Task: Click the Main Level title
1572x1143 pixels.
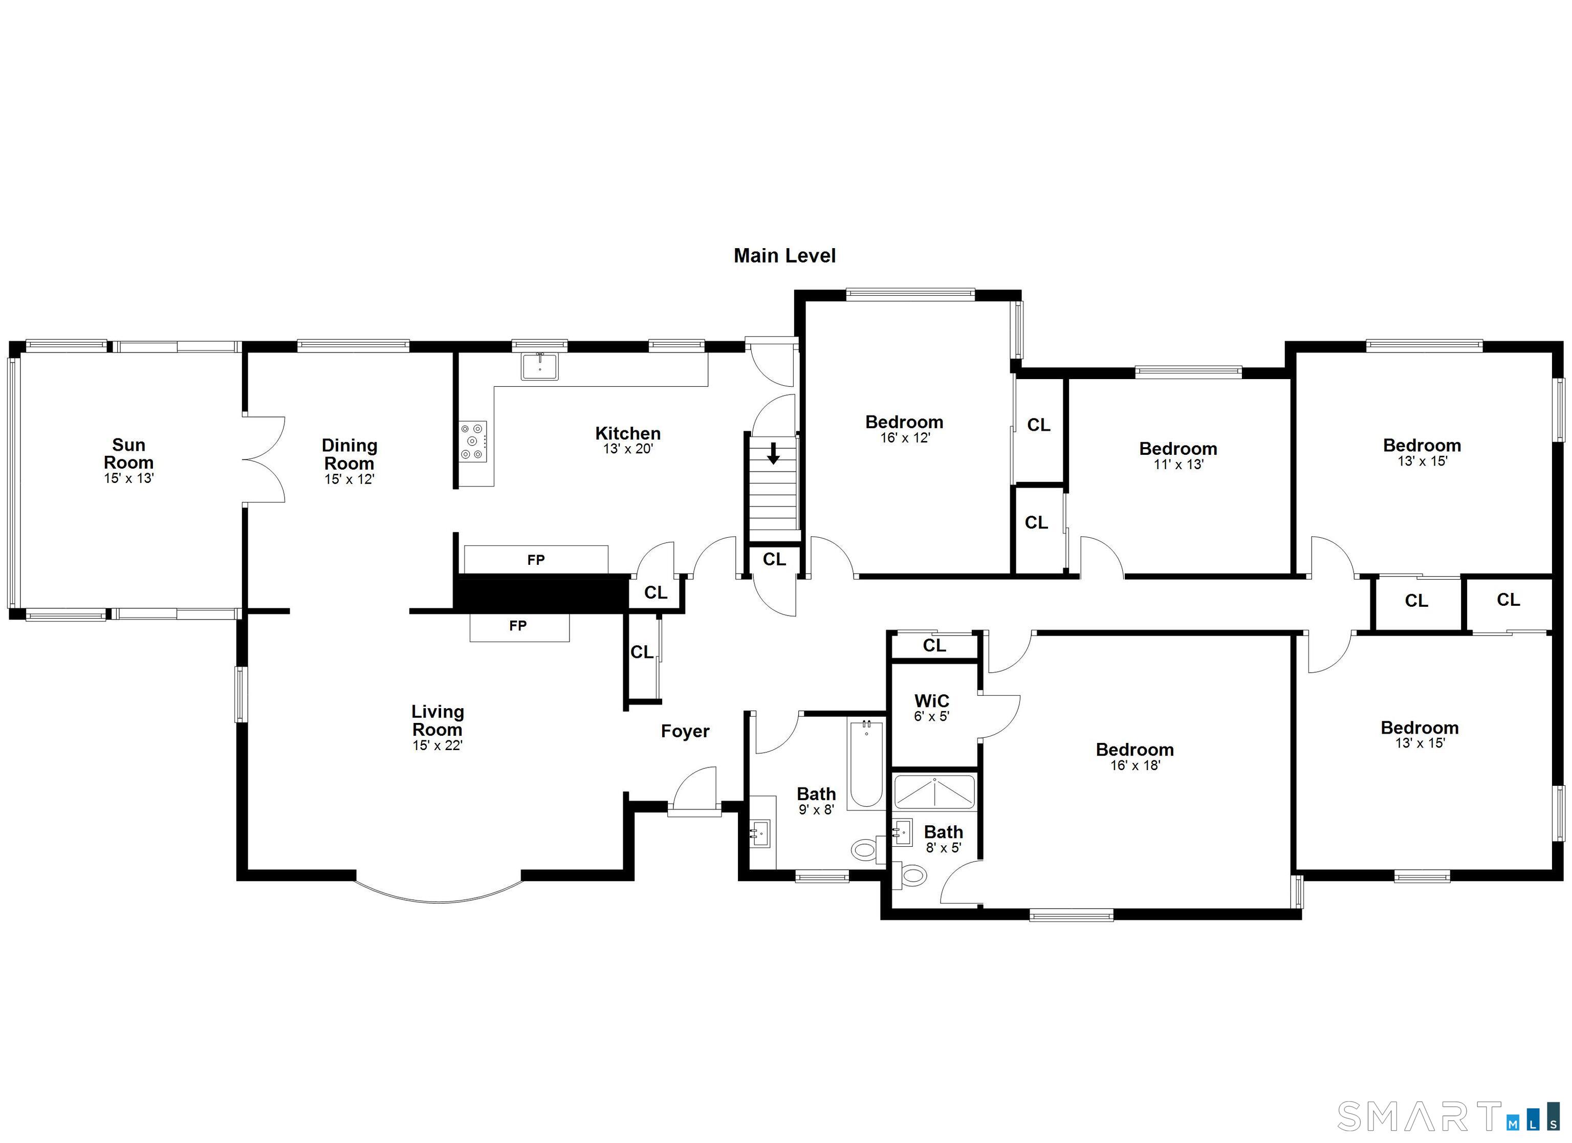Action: point(784,256)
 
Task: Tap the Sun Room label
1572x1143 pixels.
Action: point(128,453)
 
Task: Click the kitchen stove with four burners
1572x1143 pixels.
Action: point(473,441)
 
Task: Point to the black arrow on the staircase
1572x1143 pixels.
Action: point(774,454)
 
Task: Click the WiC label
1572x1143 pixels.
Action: point(931,701)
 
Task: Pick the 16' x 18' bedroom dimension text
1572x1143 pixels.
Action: point(1134,765)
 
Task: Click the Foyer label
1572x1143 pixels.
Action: point(685,731)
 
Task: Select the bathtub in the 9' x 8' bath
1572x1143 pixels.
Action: point(866,764)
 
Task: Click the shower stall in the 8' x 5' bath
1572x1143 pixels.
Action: point(934,792)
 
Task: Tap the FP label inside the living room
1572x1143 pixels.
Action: point(518,626)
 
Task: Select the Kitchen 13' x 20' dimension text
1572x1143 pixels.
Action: point(627,449)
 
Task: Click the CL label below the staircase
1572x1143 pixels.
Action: point(774,559)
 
